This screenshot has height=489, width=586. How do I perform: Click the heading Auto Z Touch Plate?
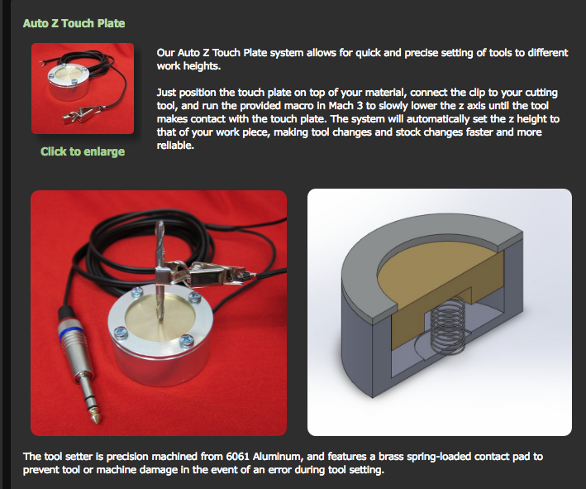click(74, 22)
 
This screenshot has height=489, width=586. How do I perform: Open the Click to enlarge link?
click(83, 151)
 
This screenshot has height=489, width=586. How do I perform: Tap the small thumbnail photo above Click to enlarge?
click(83, 89)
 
